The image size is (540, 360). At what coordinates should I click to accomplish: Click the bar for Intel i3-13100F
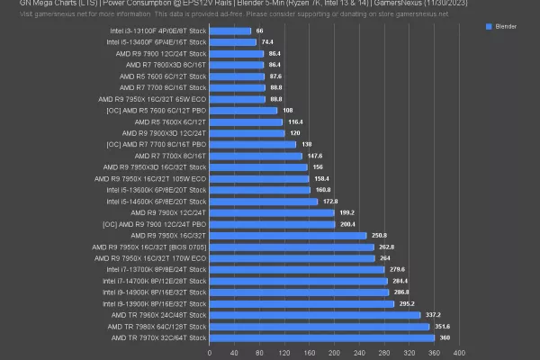point(230,31)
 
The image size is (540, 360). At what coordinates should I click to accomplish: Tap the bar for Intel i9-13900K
point(301,303)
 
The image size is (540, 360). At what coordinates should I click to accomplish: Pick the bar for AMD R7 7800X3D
point(236,65)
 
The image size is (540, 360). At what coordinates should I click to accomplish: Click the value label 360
point(444,337)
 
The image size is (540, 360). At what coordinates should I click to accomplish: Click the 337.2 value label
point(433,315)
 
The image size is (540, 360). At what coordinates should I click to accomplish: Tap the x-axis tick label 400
point(459,352)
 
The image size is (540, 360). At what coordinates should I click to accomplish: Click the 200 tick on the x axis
point(334,352)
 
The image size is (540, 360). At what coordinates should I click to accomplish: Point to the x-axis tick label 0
point(210,352)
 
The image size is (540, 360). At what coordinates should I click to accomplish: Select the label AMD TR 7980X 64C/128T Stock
point(158,327)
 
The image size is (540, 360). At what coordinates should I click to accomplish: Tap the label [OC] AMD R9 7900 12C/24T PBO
point(156,224)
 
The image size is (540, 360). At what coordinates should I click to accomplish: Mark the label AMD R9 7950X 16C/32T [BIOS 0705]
point(155,247)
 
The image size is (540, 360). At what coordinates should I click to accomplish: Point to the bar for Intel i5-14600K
point(264,202)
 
